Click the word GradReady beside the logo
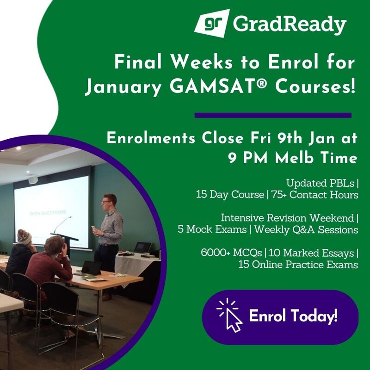point(290,25)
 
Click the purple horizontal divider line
point(273,115)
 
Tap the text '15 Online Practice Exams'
point(298,265)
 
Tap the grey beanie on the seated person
point(24,235)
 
